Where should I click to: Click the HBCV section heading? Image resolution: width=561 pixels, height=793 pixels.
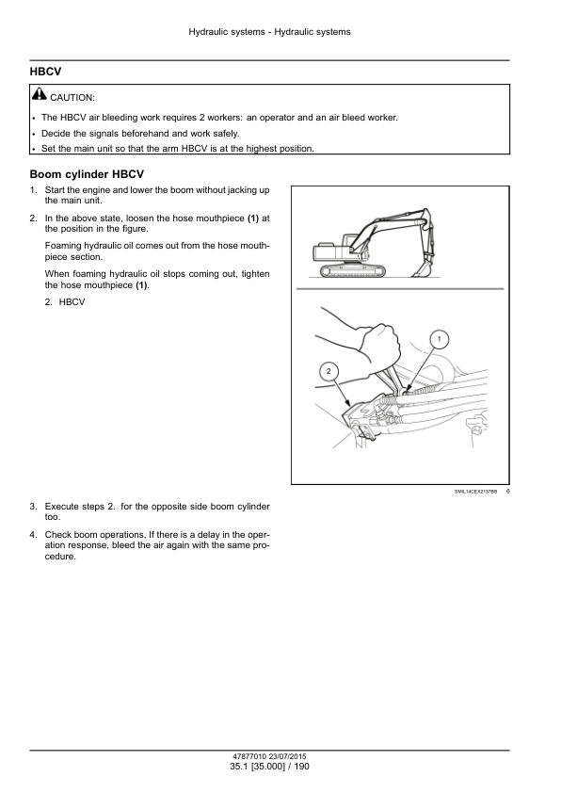pos(45,72)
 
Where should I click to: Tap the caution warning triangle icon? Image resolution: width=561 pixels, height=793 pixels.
pos(39,94)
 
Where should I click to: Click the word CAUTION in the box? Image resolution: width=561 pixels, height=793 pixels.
pos(72,98)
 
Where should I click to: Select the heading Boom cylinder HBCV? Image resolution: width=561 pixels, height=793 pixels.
pos(87,174)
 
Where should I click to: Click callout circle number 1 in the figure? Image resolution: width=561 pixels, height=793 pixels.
pos(440,339)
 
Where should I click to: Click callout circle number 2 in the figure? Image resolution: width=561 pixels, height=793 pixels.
pos(329,371)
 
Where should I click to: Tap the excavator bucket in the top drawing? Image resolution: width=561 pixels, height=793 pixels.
pos(422,267)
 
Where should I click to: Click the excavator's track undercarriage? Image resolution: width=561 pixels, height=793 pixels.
pos(352,270)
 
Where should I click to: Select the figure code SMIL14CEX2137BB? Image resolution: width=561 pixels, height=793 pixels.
pos(475,491)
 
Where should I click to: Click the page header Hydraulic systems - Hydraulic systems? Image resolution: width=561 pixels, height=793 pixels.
pos(269,32)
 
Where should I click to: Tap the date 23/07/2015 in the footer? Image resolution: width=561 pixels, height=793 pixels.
pos(288,756)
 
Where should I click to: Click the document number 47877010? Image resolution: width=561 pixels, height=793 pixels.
pos(249,756)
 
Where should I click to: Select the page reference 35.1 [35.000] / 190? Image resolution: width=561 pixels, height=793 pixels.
pos(269,767)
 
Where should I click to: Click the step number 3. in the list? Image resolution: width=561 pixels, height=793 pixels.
pos(33,507)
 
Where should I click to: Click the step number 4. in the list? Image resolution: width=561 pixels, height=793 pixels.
pos(33,535)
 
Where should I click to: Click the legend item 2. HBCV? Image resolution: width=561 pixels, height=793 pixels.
pos(65,302)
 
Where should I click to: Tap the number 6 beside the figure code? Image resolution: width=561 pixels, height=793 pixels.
pos(508,491)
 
